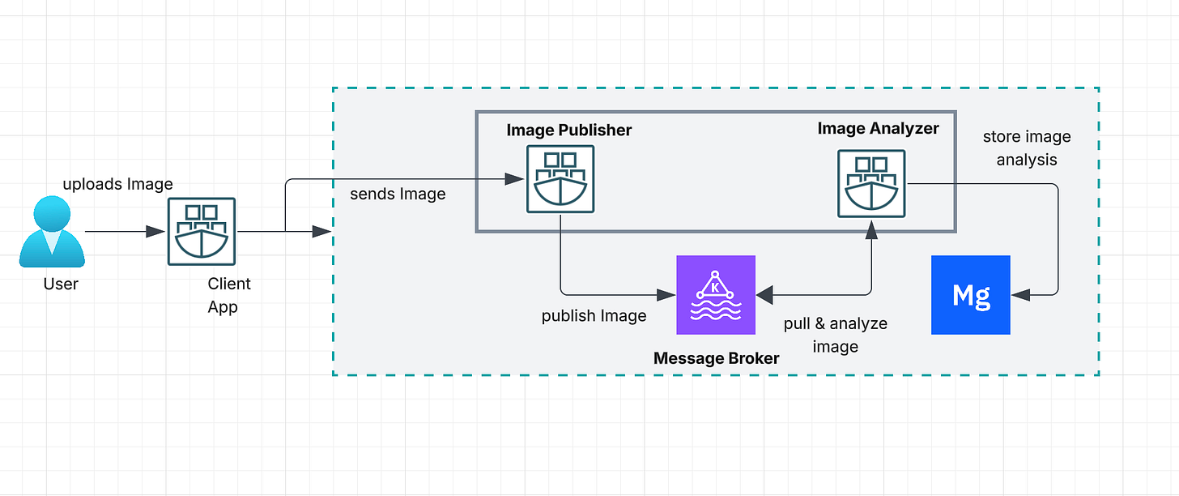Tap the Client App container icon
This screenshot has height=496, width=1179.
(x=202, y=231)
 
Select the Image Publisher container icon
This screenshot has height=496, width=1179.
(x=560, y=179)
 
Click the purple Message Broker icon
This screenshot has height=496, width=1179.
(x=716, y=295)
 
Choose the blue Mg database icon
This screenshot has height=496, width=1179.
(x=971, y=295)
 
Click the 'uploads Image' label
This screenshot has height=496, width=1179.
(x=118, y=184)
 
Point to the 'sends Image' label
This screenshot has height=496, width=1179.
(x=398, y=194)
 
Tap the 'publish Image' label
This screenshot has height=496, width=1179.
(x=594, y=315)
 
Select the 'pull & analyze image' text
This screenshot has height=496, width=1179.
(x=836, y=335)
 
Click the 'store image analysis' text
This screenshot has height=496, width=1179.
(x=1027, y=148)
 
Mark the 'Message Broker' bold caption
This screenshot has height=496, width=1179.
(x=716, y=357)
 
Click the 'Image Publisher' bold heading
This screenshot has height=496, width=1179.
(x=569, y=130)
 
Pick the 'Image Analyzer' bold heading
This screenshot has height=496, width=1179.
(x=879, y=128)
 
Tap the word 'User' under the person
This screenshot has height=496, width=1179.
(x=61, y=284)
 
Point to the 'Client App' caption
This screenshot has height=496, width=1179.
(x=229, y=295)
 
